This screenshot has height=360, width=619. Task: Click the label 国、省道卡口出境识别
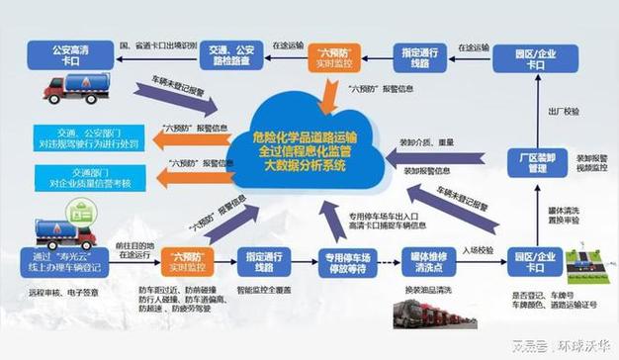coord(156,45)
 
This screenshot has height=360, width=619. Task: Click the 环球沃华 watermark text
coord(581,346)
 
